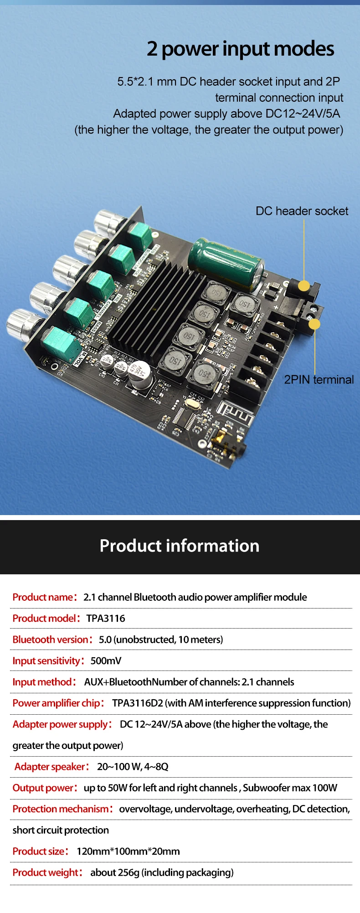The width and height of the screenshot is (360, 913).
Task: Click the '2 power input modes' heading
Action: coord(240,49)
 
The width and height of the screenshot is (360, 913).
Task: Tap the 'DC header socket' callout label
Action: coord(302,211)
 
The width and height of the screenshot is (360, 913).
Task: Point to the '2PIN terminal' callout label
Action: coord(319,380)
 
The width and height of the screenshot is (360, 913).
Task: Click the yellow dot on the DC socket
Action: coord(304,286)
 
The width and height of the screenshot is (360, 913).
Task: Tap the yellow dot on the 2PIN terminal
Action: coord(314,324)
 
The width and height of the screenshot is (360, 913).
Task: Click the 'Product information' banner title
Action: coord(180,546)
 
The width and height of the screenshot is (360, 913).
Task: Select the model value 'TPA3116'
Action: coord(106,619)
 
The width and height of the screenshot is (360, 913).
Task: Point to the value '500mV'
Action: coord(106,661)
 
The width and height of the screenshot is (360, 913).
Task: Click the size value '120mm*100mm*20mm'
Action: coord(128,851)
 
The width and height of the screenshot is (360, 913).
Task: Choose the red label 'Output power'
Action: coord(43,788)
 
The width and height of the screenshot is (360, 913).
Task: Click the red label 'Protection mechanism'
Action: coord(60,809)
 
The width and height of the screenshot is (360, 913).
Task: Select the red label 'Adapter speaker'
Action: coord(50,767)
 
